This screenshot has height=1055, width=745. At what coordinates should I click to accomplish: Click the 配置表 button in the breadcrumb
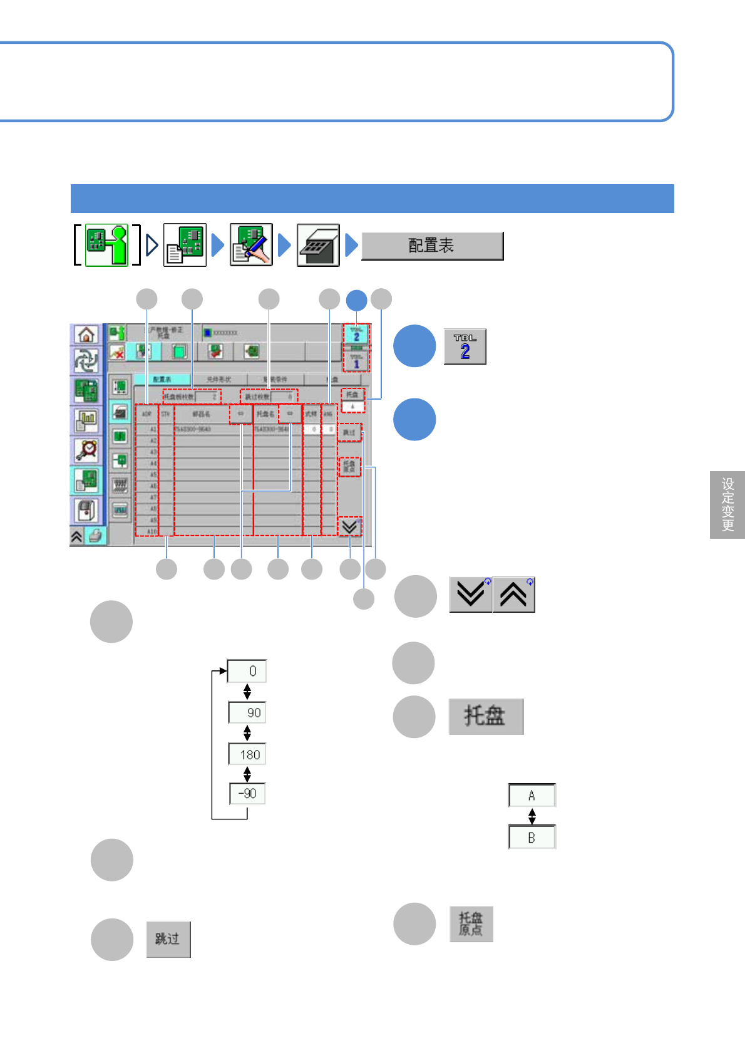tap(432, 246)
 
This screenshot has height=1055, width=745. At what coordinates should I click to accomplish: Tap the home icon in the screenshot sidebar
tap(86, 335)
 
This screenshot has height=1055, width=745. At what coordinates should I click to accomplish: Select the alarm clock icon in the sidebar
tap(86, 450)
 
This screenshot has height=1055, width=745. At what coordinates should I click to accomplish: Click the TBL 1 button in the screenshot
tap(356, 361)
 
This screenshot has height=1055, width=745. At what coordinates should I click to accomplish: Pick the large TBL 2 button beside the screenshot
tap(465, 346)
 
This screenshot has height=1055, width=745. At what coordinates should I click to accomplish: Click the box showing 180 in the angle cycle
tap(247, 754)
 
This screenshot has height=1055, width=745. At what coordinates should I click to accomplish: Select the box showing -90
tap(247, 794)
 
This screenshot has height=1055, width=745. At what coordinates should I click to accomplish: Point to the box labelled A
tap(532, 796)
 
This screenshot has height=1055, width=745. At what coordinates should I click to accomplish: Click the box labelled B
tap(532, 838)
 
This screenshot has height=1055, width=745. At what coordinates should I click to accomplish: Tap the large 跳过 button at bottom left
tap(168, 939)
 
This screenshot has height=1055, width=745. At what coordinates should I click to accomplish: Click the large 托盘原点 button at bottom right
tap(471, 924)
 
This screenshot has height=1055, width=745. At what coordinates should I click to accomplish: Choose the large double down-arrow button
tap(470, 595)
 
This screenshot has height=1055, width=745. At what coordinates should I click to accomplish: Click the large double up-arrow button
tap(513, 595)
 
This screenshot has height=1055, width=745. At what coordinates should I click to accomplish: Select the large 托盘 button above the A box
tap(485, 716)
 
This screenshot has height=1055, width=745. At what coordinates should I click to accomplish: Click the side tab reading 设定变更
tap(727, 504)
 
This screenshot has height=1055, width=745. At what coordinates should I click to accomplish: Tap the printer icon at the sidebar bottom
tap(95, 536)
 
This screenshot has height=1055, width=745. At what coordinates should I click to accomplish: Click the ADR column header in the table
tap(146, 414)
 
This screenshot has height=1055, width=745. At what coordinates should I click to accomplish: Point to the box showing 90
tap(247, 712)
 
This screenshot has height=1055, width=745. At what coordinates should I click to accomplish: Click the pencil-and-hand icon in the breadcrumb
tap(251, 245)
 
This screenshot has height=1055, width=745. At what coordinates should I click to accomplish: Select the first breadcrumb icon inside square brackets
tap(106, 245)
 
